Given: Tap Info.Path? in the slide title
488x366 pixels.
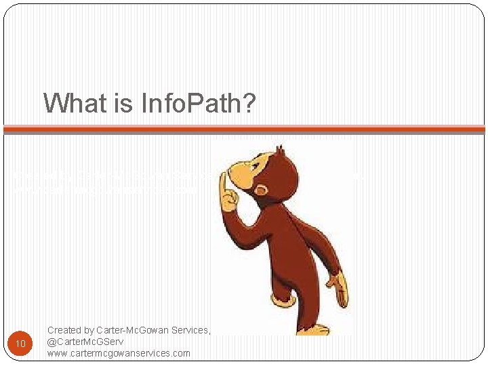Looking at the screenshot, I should pos(197,104).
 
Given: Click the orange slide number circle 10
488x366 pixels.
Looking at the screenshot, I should pos(20,344).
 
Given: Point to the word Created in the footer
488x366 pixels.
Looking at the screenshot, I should pos(65,330).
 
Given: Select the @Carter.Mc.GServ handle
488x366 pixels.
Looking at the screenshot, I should pos(85,342).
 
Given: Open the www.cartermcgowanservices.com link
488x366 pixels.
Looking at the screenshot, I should pos(119,353).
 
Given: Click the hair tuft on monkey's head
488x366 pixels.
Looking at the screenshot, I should pos(278,150).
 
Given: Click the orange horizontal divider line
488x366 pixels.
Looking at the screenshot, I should pos(244,129).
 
